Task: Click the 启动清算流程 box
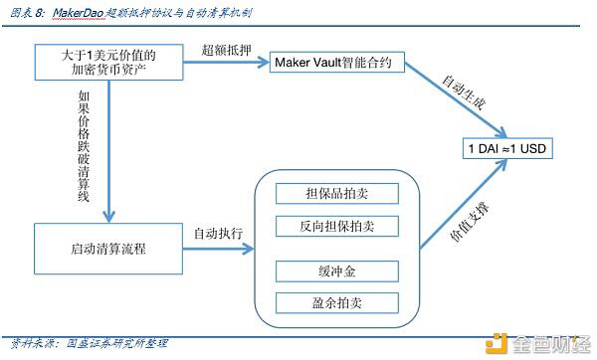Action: [108, 248]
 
